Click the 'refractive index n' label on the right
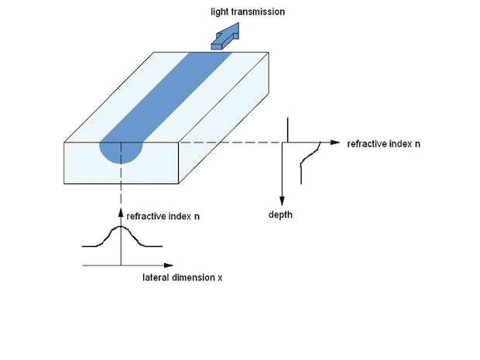[x=383, y=144]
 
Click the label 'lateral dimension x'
[x=182, y=277]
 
